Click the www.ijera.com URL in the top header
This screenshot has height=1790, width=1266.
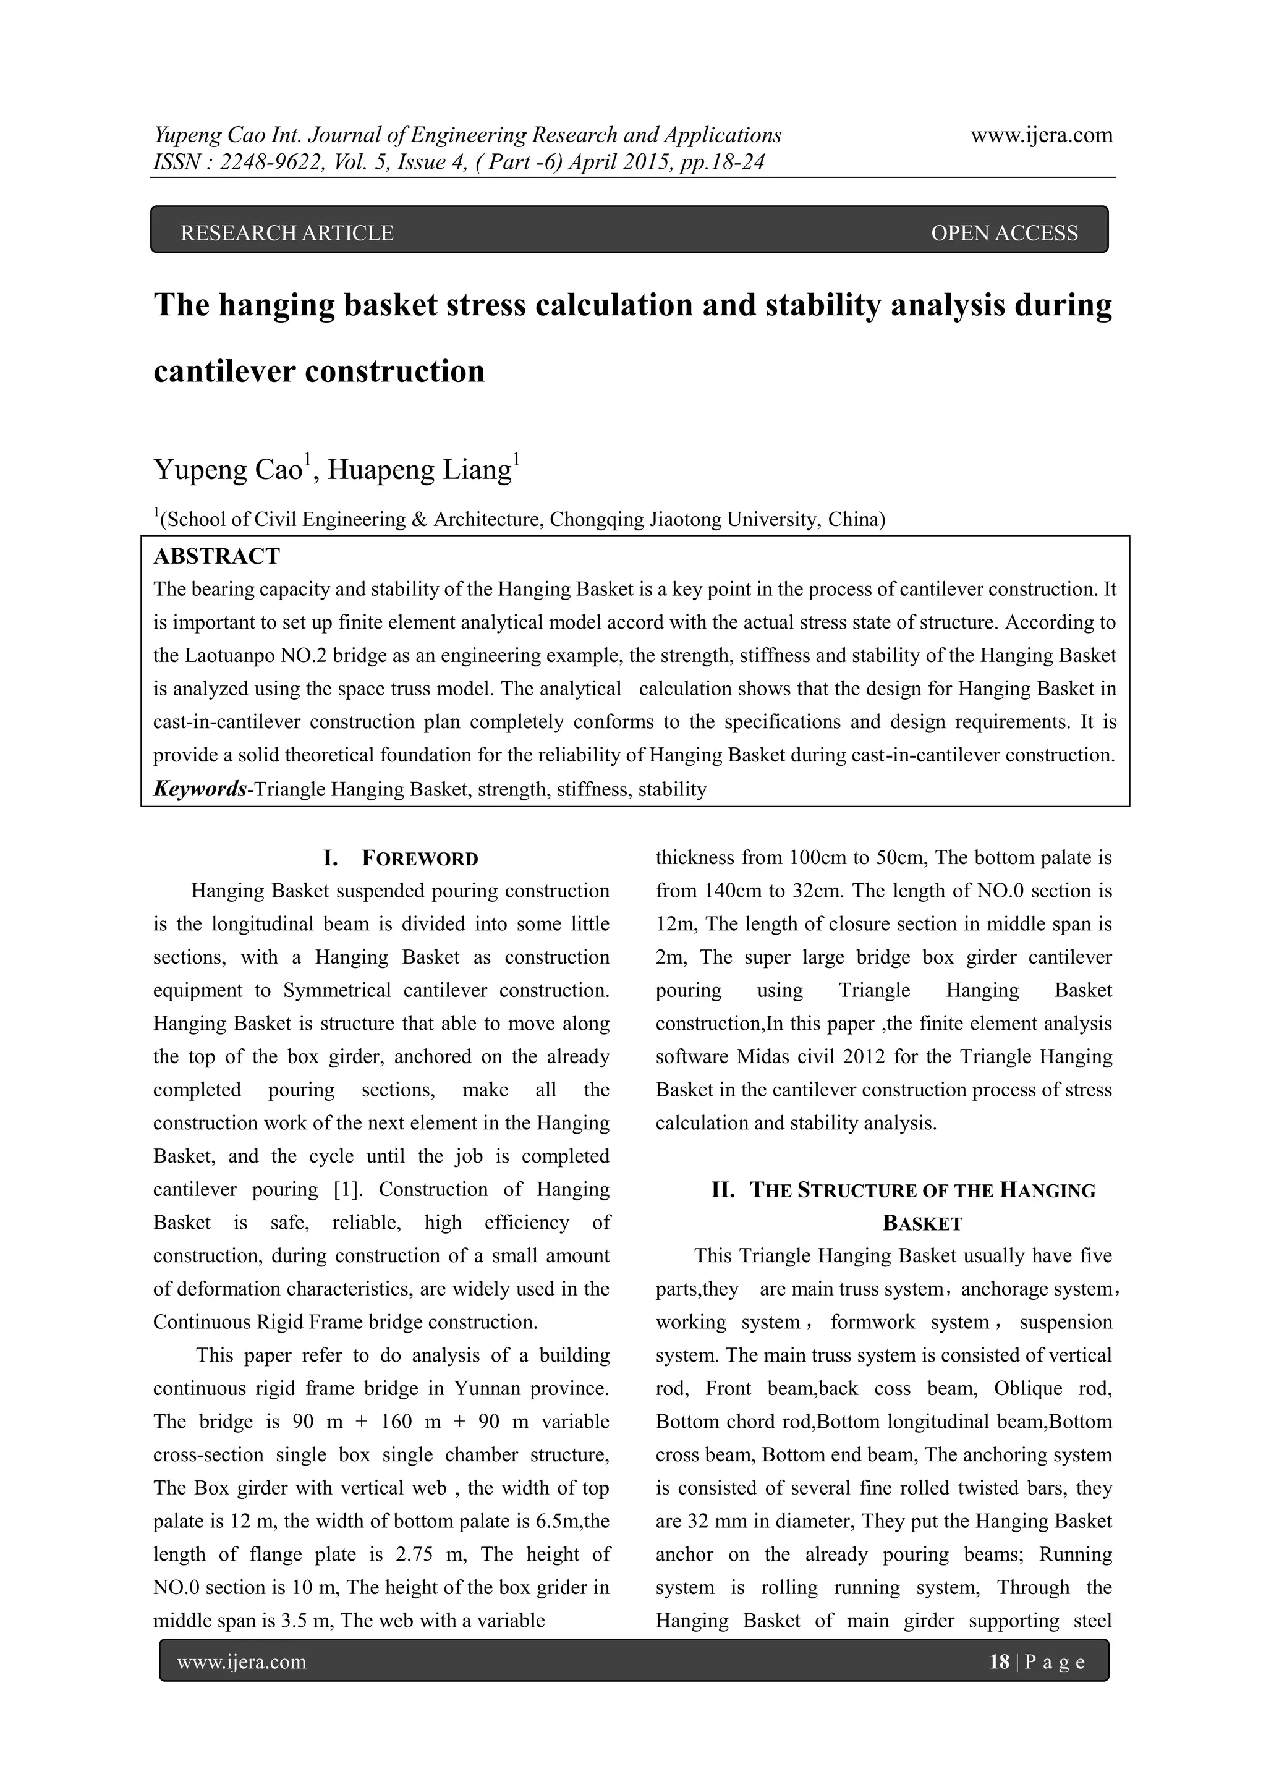pyautogui.click(x=1042, y=135)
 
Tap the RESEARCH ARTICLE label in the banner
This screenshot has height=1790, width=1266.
pyautogui.click(x=287, y=233)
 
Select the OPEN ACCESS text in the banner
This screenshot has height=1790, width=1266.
pyautogui.click(x=1004, y=233)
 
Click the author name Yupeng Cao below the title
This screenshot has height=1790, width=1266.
pyautogui.click(x=227, y=470)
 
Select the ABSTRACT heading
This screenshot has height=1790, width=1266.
pyautogui.click(x=217, y=557)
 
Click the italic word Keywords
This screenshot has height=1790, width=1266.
pyautogui.click(x=200, y=789)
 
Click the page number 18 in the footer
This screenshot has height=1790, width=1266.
pyautogui.click(x=998, y=1662)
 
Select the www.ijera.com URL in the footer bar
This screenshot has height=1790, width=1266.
pyautogui.click(x=242, y=1662)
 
